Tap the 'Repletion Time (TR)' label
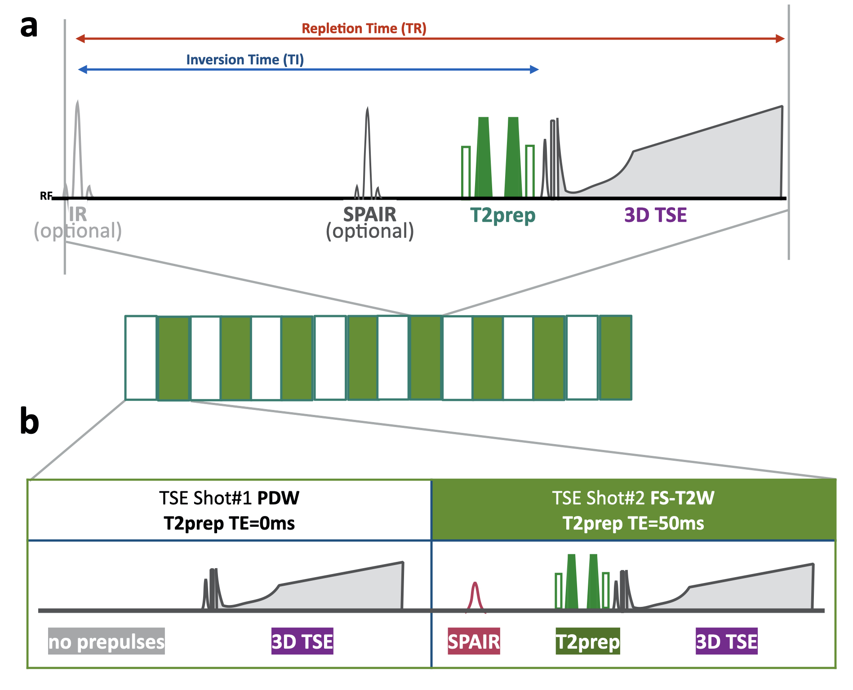tap(364, 29)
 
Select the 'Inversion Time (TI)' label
tap(245, 60)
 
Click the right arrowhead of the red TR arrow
tap(780, 39)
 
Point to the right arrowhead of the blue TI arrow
tap(534, 69)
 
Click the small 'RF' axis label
tap(46, 196)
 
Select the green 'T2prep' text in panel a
tap(502, 215)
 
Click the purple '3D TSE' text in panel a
tap(655, 215)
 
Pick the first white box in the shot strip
tap(141, 358)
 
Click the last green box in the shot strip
tap(616, 358)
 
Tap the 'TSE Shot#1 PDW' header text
tap(229, 498)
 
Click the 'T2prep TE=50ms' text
tap(633, 524)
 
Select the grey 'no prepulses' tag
tap(107, 641)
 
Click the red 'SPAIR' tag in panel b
tap(474, 641)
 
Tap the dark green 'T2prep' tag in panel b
tap(587, 641)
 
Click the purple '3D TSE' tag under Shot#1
tap(302, 641)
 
